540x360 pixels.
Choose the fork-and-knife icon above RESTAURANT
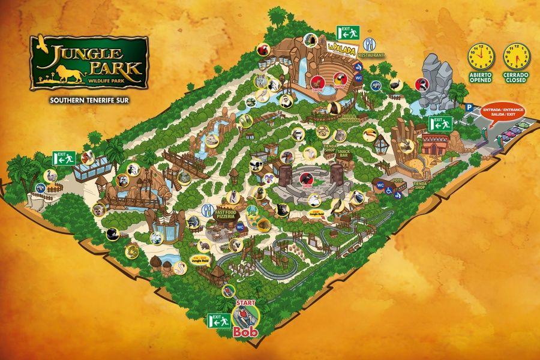(x=370, y=44)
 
